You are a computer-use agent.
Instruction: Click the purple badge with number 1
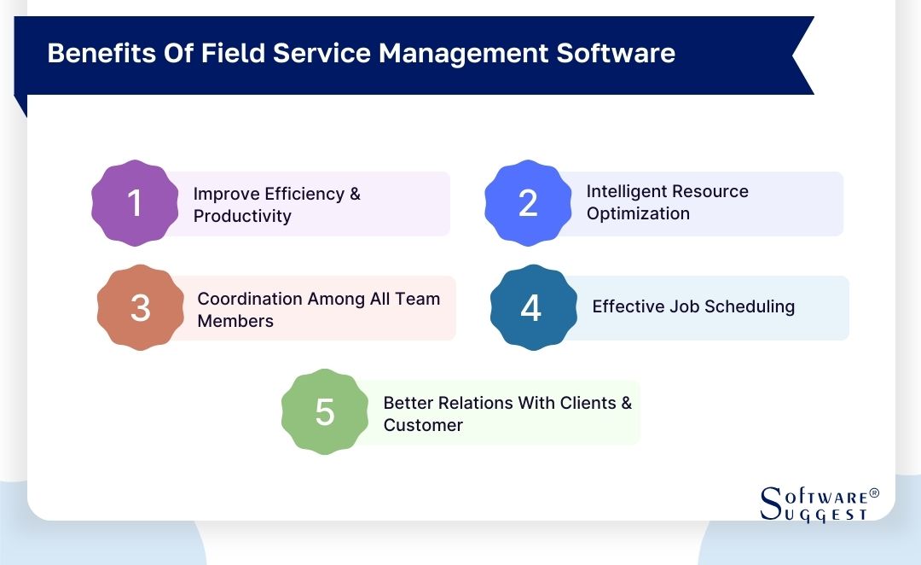135,203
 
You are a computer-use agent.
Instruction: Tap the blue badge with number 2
528,203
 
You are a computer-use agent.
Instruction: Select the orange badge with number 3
141,308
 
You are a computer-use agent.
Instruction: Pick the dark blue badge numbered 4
531,308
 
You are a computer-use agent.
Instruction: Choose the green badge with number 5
325,412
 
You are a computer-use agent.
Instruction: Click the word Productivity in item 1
242,216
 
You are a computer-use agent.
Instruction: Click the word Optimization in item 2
638,213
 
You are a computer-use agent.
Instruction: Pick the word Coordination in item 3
250,299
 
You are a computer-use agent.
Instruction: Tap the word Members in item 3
235,321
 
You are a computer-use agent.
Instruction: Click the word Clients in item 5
588,403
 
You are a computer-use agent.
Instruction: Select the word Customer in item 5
423,425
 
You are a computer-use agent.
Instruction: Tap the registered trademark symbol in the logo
873,493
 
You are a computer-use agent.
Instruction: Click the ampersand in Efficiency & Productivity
355,194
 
